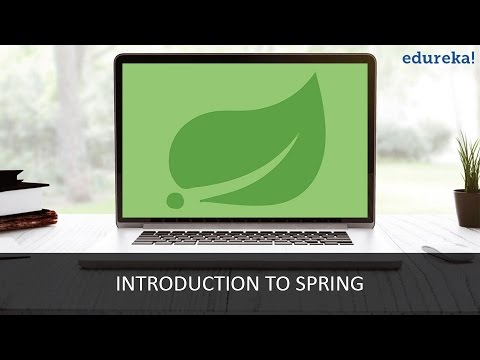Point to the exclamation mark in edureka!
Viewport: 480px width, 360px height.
[465, 30]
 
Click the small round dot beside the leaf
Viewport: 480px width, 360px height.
[176, 201]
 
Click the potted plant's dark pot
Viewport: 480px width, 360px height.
[467, 207]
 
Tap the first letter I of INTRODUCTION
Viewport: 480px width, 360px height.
[120, 284]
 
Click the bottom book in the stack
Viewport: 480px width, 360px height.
[24, 217]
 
